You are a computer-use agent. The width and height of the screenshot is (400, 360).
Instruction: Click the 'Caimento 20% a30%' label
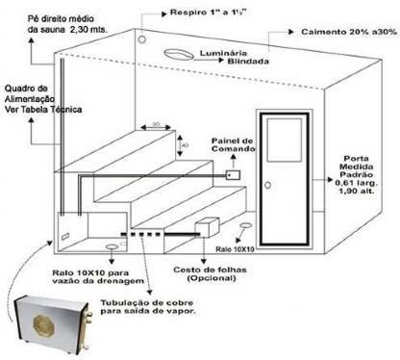(x=347, y=32)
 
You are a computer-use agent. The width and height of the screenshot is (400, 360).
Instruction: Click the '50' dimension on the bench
(x=155, y=123)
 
